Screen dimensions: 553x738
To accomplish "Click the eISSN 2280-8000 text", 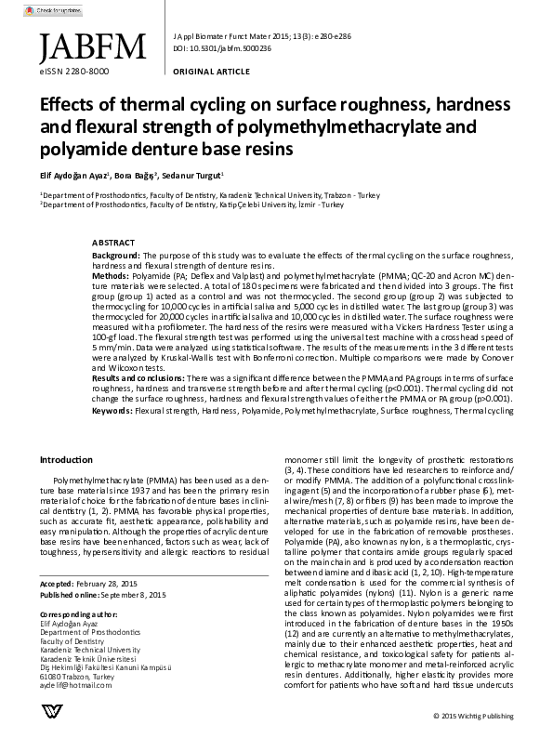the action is pyautogui.click(x=74, y=71).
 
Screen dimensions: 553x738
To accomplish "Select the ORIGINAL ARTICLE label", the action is pyautogui.click(x=210, y=71).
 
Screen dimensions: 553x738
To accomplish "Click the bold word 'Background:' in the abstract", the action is pyautogui.click(x=116, y=254).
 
